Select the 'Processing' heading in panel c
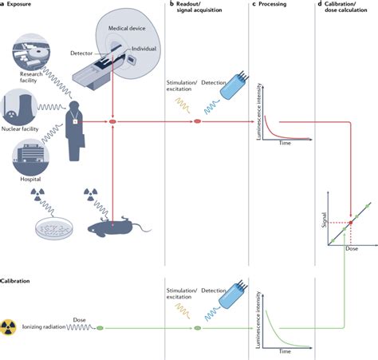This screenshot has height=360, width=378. [276, 6]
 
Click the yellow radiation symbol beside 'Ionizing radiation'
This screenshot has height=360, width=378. [10, 326]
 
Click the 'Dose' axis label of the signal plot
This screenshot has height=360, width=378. [350, 248]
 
